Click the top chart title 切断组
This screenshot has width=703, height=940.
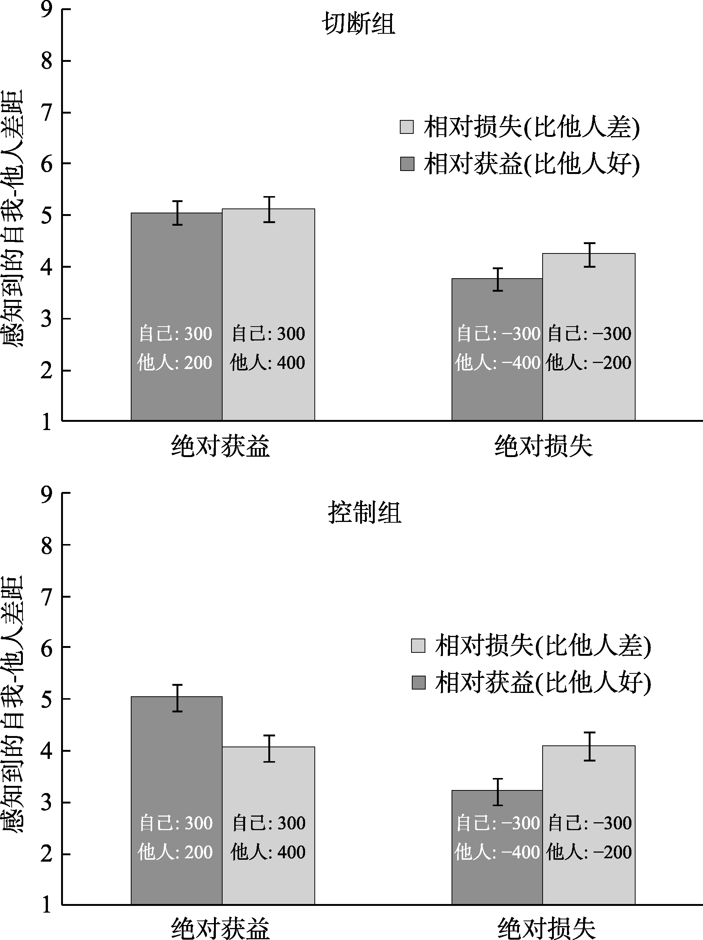coord(359,24)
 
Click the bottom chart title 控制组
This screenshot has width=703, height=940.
coord(365,513)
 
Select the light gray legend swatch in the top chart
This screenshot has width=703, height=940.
coord(407,127)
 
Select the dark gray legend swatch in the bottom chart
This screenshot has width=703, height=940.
coord(419,683)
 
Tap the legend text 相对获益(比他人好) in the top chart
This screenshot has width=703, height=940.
coord(531,163)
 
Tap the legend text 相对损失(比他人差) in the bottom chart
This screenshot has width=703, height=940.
coord(543,646)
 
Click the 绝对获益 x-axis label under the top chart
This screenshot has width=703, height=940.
coord(220,446)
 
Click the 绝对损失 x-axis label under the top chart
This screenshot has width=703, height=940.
coord(543,446)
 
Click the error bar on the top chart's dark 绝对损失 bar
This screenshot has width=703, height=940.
coord(498,279)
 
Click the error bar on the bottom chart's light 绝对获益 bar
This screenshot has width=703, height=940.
coord(269,748)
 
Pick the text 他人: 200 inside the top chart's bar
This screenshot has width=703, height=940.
coord(175,363)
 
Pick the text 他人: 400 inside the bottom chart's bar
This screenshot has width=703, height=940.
coord(268,852)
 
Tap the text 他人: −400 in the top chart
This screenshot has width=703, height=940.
coord(497,363)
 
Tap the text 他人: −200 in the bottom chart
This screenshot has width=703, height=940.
coord(589,852)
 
